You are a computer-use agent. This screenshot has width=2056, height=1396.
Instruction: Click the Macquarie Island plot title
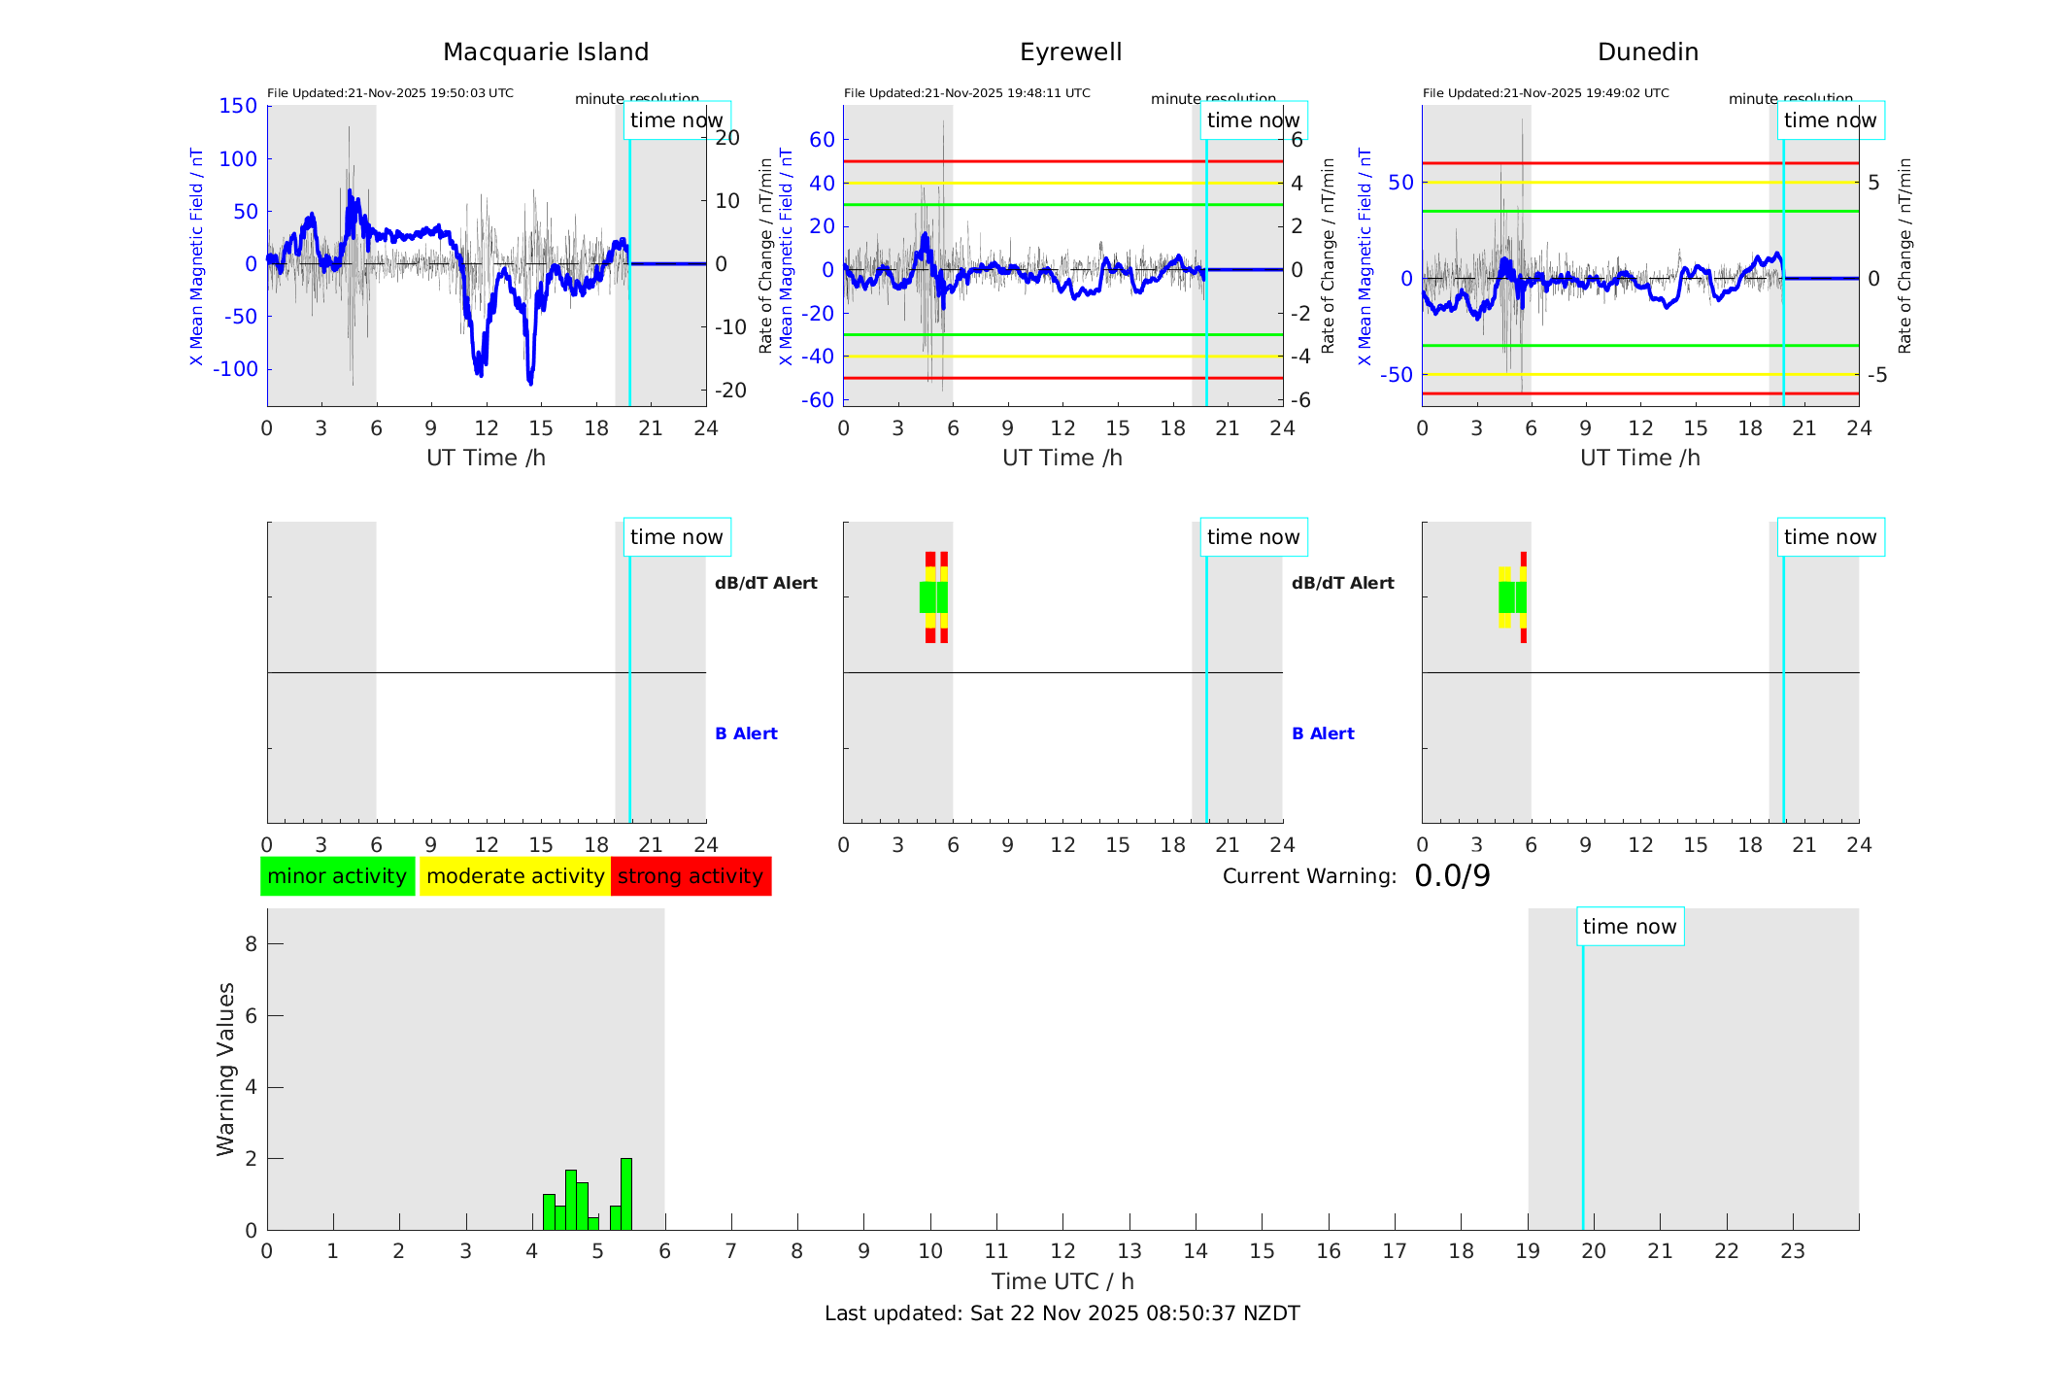545,51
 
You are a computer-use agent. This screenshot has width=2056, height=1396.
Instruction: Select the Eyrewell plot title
1070,51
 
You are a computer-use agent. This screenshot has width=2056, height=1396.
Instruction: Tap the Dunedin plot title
1647,51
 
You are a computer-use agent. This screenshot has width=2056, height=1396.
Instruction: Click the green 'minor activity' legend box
337,876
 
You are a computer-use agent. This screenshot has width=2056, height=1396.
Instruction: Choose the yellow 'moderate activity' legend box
515,876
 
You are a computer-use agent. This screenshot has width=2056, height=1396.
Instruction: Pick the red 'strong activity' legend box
691,876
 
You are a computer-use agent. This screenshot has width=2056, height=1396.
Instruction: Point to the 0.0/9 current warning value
1452,876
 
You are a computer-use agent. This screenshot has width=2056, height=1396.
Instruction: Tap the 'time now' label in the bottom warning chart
1630,927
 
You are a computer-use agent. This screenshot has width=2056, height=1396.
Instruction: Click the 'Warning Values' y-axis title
225,1069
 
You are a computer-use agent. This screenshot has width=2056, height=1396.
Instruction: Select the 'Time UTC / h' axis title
1062,1281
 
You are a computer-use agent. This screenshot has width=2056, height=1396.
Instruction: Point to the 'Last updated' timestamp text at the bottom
1062,1313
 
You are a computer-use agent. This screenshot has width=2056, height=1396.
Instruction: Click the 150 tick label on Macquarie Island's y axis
238,106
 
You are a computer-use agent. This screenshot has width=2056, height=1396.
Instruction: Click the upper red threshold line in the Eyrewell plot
1062,161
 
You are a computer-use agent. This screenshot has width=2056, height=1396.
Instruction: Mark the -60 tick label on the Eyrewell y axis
818,399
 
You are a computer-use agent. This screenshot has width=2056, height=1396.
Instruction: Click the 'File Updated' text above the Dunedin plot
1545,93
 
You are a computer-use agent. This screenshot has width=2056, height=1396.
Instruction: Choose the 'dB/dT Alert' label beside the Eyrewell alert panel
1342,583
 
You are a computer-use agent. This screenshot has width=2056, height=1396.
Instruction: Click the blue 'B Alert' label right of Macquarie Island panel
746,733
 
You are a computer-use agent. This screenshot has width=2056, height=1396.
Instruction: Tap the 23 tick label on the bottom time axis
1792,1251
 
